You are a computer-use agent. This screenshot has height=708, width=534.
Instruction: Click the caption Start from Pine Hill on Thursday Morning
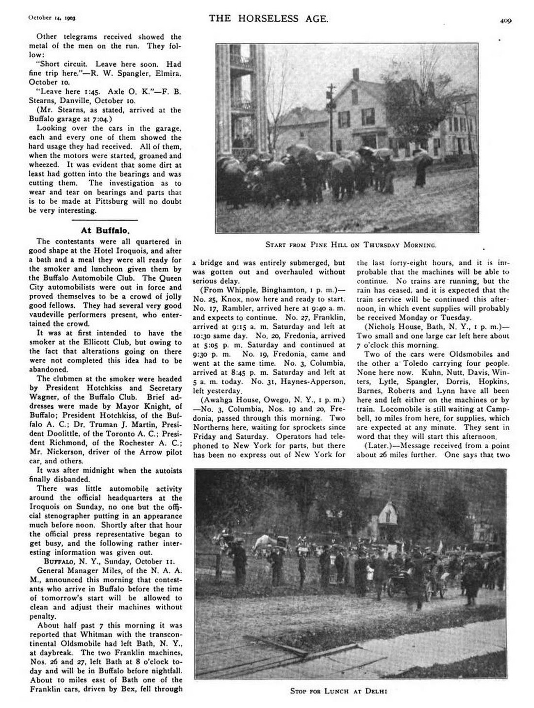350,244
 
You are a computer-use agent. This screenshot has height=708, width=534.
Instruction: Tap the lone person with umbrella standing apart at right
420,170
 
